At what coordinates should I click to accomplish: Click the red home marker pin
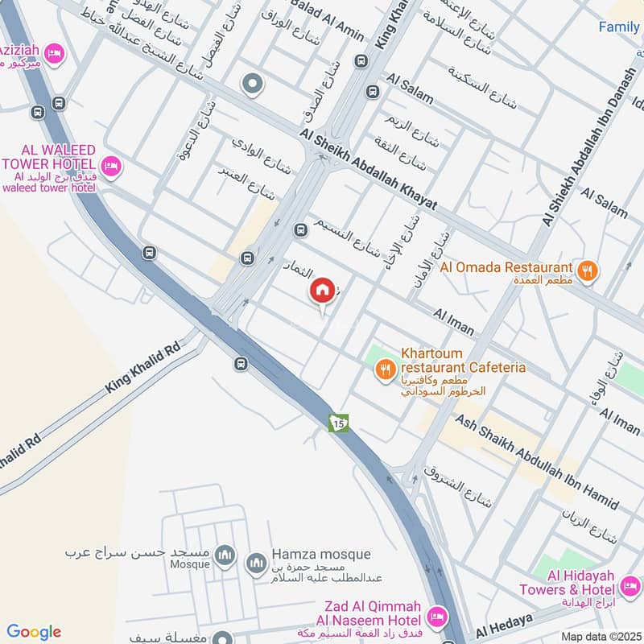[x=322, y=291]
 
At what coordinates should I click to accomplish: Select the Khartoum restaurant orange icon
[x=386, y=369]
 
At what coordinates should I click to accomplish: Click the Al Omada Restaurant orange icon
[x=588, y=270]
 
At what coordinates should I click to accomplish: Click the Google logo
[x=34, y=632]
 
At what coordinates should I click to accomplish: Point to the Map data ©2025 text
[x=600, y=637]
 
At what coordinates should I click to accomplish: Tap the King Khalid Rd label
[x=143, y=371]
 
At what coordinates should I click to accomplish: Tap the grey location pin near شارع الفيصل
[x=253, y=84]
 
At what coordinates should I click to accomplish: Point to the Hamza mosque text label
[x=321, y=554]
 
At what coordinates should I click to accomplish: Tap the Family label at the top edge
[x=619, y=27]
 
